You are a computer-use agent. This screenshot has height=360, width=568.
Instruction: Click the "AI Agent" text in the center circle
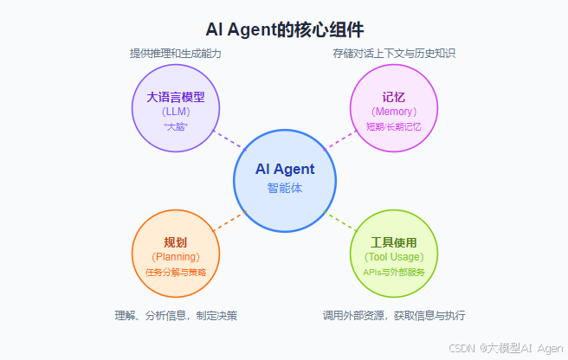tap(285, 170)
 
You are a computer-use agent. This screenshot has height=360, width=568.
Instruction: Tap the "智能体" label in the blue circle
tap(285, 188)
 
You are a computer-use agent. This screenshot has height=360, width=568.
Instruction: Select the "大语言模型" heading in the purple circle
tap(176, 97)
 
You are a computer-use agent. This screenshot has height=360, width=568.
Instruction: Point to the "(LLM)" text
tap(176, 112)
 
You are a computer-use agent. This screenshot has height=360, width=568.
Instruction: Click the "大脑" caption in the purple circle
tap(176, 126)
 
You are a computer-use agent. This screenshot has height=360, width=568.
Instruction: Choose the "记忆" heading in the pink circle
tap(393, 97)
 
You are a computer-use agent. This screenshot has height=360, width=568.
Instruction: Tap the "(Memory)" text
tap(393, 112)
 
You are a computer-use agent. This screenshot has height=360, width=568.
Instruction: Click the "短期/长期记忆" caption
tap(393, 126)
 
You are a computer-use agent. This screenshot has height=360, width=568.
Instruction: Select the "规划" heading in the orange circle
tap(176, 242)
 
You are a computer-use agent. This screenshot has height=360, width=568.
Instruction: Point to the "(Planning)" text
tap(176, 257)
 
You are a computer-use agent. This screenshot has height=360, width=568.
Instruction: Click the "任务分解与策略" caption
tap(176, 272)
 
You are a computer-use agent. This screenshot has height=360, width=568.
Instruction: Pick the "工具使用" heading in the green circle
tap(393, 242)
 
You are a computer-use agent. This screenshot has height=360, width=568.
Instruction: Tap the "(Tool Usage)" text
tap(393, 257)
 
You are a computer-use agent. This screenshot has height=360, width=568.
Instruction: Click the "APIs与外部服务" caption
tap(393, 272)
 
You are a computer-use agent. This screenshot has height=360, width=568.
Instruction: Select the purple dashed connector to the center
tap(229, 140)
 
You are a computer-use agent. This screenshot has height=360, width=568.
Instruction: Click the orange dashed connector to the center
tap(229, 220)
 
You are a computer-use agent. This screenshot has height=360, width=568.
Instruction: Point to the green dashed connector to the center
tap(341, 220)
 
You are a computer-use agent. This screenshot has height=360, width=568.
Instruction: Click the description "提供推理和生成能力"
tap(176, 54)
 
